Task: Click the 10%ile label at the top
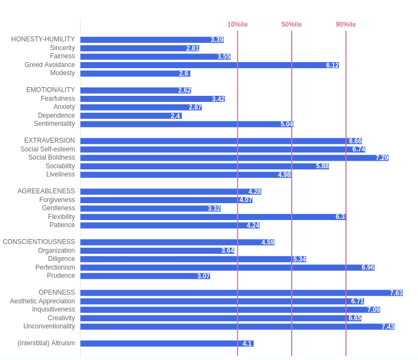click(237, 25)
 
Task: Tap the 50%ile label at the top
click(291, 25)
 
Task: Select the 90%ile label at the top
click(346, 25)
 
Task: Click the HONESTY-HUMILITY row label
click(43, 39)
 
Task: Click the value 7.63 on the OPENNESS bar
click(396, 293)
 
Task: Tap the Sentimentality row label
click(54, 124)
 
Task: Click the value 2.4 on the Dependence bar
click(175, 116)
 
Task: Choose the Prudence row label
click(61, 276)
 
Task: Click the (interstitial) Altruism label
click(46, 343)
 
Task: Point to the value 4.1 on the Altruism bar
click(247, 344)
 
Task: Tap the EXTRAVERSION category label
click(50, 141)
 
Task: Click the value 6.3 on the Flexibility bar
click(340, 217)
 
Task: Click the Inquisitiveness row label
click(53, 309)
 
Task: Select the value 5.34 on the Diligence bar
click(299, 259)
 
